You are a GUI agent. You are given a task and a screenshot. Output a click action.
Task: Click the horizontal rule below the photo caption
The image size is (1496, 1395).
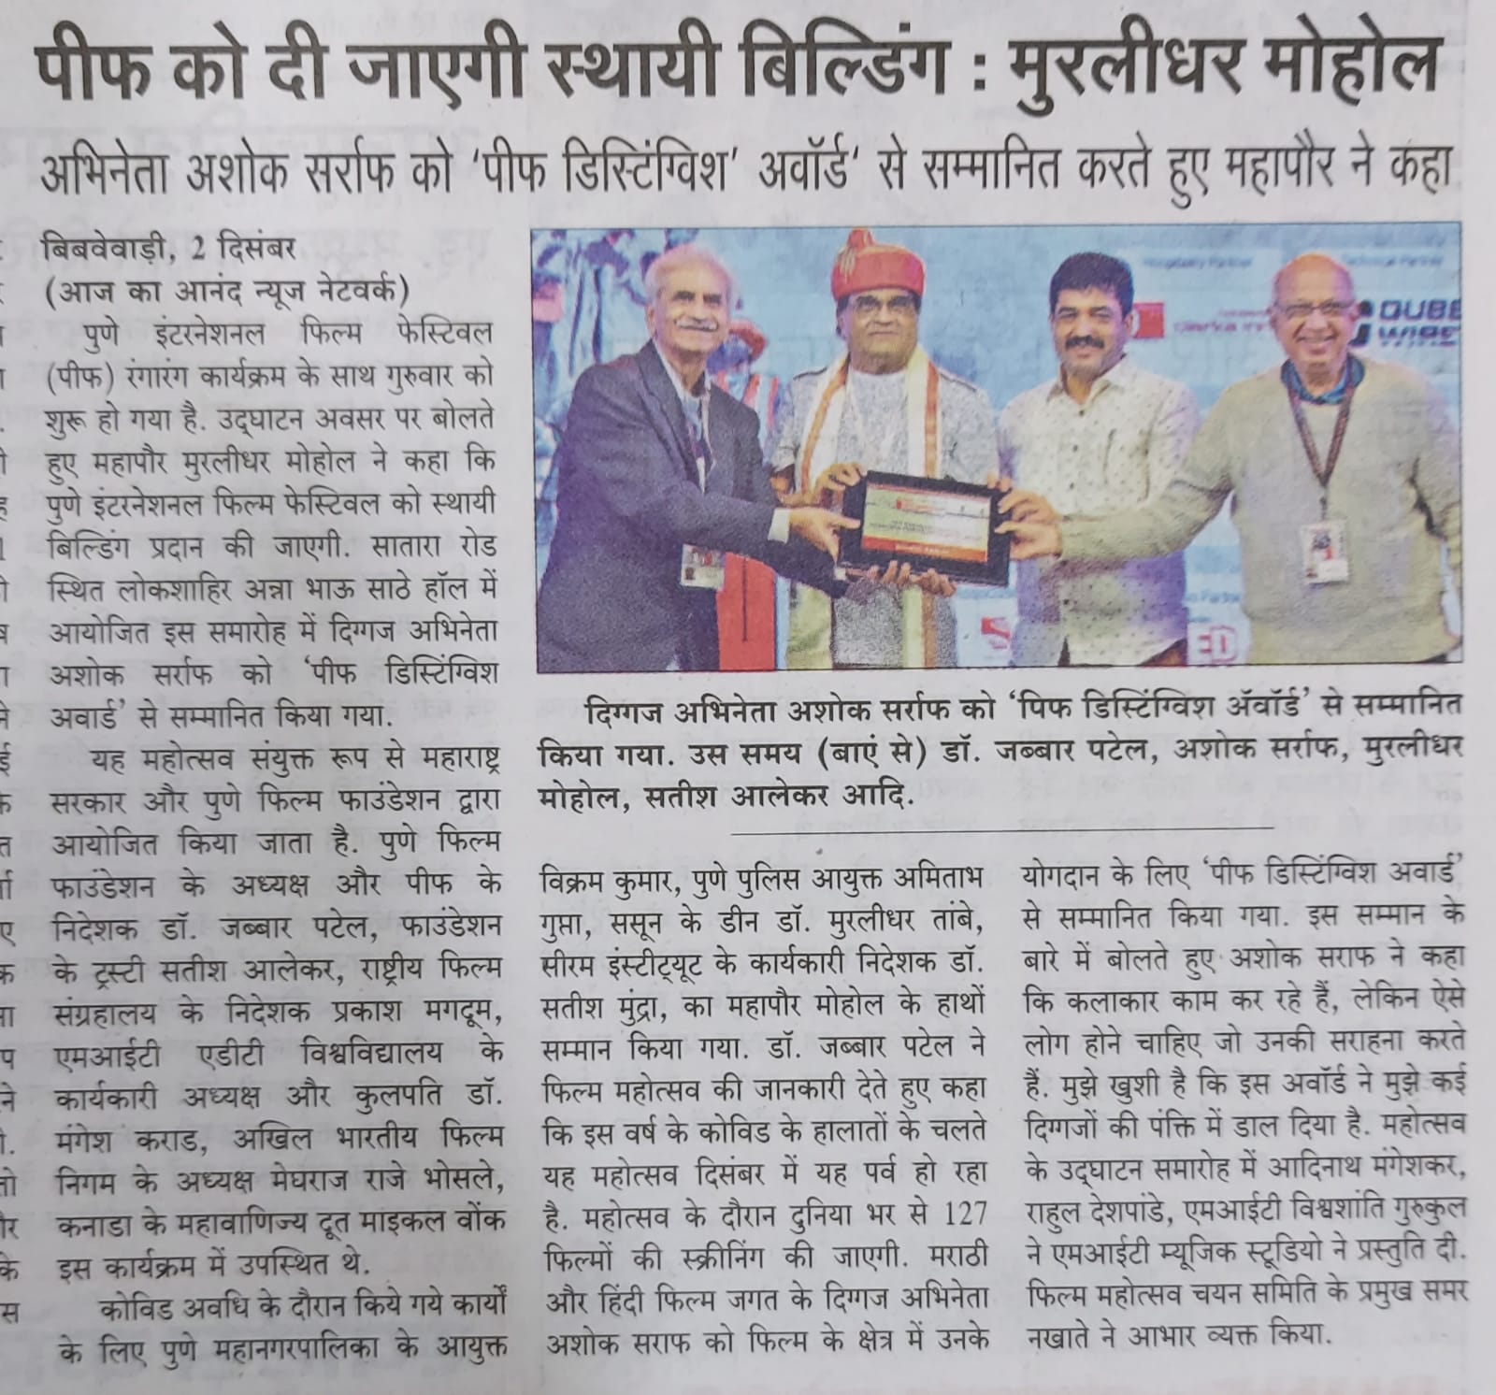[x=1000, y=827]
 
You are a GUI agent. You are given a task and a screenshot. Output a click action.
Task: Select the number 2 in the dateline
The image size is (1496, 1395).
[x=196, y=252]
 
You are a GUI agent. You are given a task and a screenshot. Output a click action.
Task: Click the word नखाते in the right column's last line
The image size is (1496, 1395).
[x=1061, y=1333]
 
